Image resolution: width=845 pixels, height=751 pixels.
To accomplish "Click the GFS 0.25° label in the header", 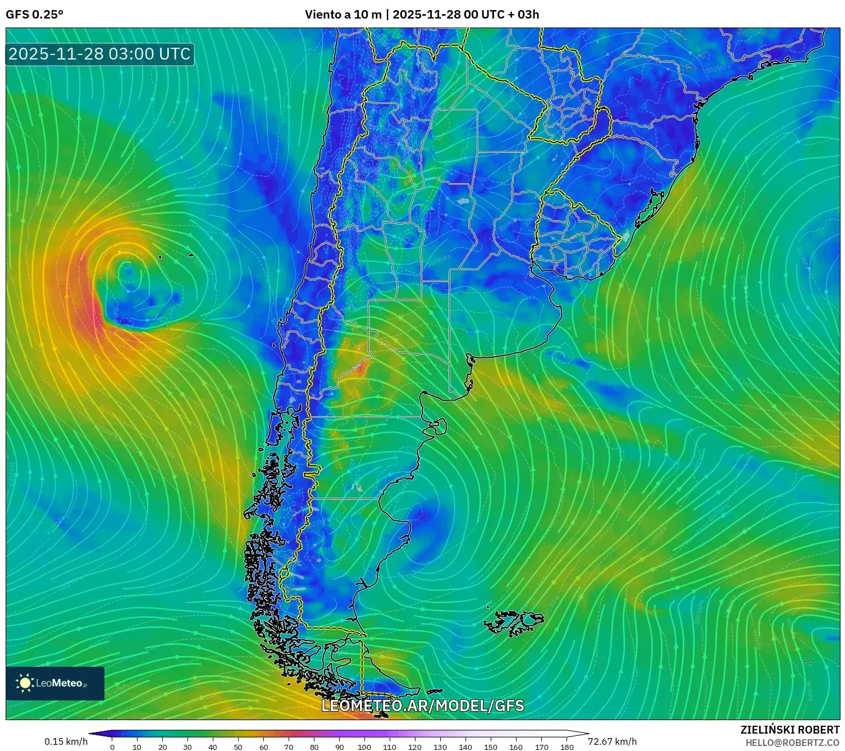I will pos(34,14).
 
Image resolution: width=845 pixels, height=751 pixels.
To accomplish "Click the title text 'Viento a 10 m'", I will pos(342,14).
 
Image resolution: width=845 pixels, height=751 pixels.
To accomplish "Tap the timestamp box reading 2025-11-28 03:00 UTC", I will pos(100,54).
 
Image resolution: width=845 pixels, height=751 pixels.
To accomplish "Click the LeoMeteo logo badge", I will pos(55,683).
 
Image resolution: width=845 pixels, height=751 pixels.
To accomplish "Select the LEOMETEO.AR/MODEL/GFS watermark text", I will pos(422,706).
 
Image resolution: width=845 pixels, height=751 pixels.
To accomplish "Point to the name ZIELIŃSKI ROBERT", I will pos(789,730).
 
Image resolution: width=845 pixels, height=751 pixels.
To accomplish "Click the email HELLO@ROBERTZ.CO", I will pos(792,743).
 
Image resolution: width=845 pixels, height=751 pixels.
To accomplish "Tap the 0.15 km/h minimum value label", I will pos(66,741).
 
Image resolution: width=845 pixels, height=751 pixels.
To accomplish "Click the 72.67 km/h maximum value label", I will pos(612,741).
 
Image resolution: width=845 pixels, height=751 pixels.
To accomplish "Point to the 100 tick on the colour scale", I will pos(364,747).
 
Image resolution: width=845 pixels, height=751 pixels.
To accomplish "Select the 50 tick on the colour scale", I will pos(238,747).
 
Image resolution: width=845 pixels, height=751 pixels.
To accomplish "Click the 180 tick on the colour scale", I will pos(567,747).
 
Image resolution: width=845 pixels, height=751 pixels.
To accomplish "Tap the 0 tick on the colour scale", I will pos(112,747).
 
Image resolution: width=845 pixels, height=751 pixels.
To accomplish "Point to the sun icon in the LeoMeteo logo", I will pos(25,683).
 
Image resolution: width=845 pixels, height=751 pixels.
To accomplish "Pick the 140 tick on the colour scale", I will pos(465,747).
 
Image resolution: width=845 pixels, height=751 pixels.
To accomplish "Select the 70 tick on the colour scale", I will pos(289,747).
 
